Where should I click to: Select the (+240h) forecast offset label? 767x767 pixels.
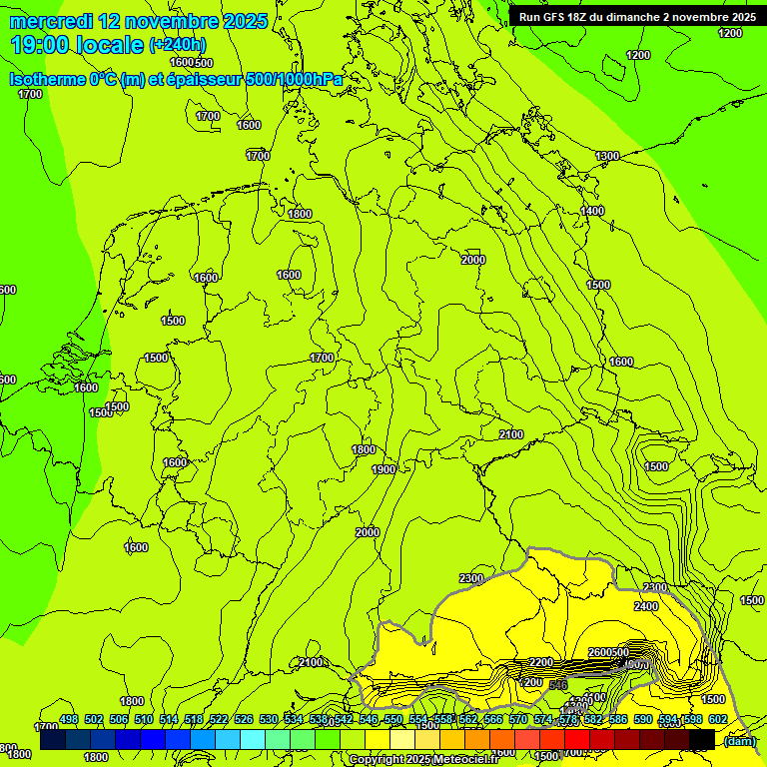[178, 45]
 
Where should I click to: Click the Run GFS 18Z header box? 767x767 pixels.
[636, 16]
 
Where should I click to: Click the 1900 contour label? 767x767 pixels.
[383, 469]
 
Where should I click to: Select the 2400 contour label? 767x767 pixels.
[646, 606]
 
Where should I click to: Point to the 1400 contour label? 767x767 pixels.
[592, 211]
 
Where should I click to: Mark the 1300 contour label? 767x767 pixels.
[607, 156]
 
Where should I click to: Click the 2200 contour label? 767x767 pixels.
[541, 662]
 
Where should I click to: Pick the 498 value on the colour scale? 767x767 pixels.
[69, 719]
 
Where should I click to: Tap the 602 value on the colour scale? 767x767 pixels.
[717, 719]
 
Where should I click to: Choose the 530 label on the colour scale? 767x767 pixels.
[269, 719]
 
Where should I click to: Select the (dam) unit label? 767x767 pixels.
[739, 740]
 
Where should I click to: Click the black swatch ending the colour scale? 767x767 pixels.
[702, 739]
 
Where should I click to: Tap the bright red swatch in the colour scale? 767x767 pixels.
[577, 739]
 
